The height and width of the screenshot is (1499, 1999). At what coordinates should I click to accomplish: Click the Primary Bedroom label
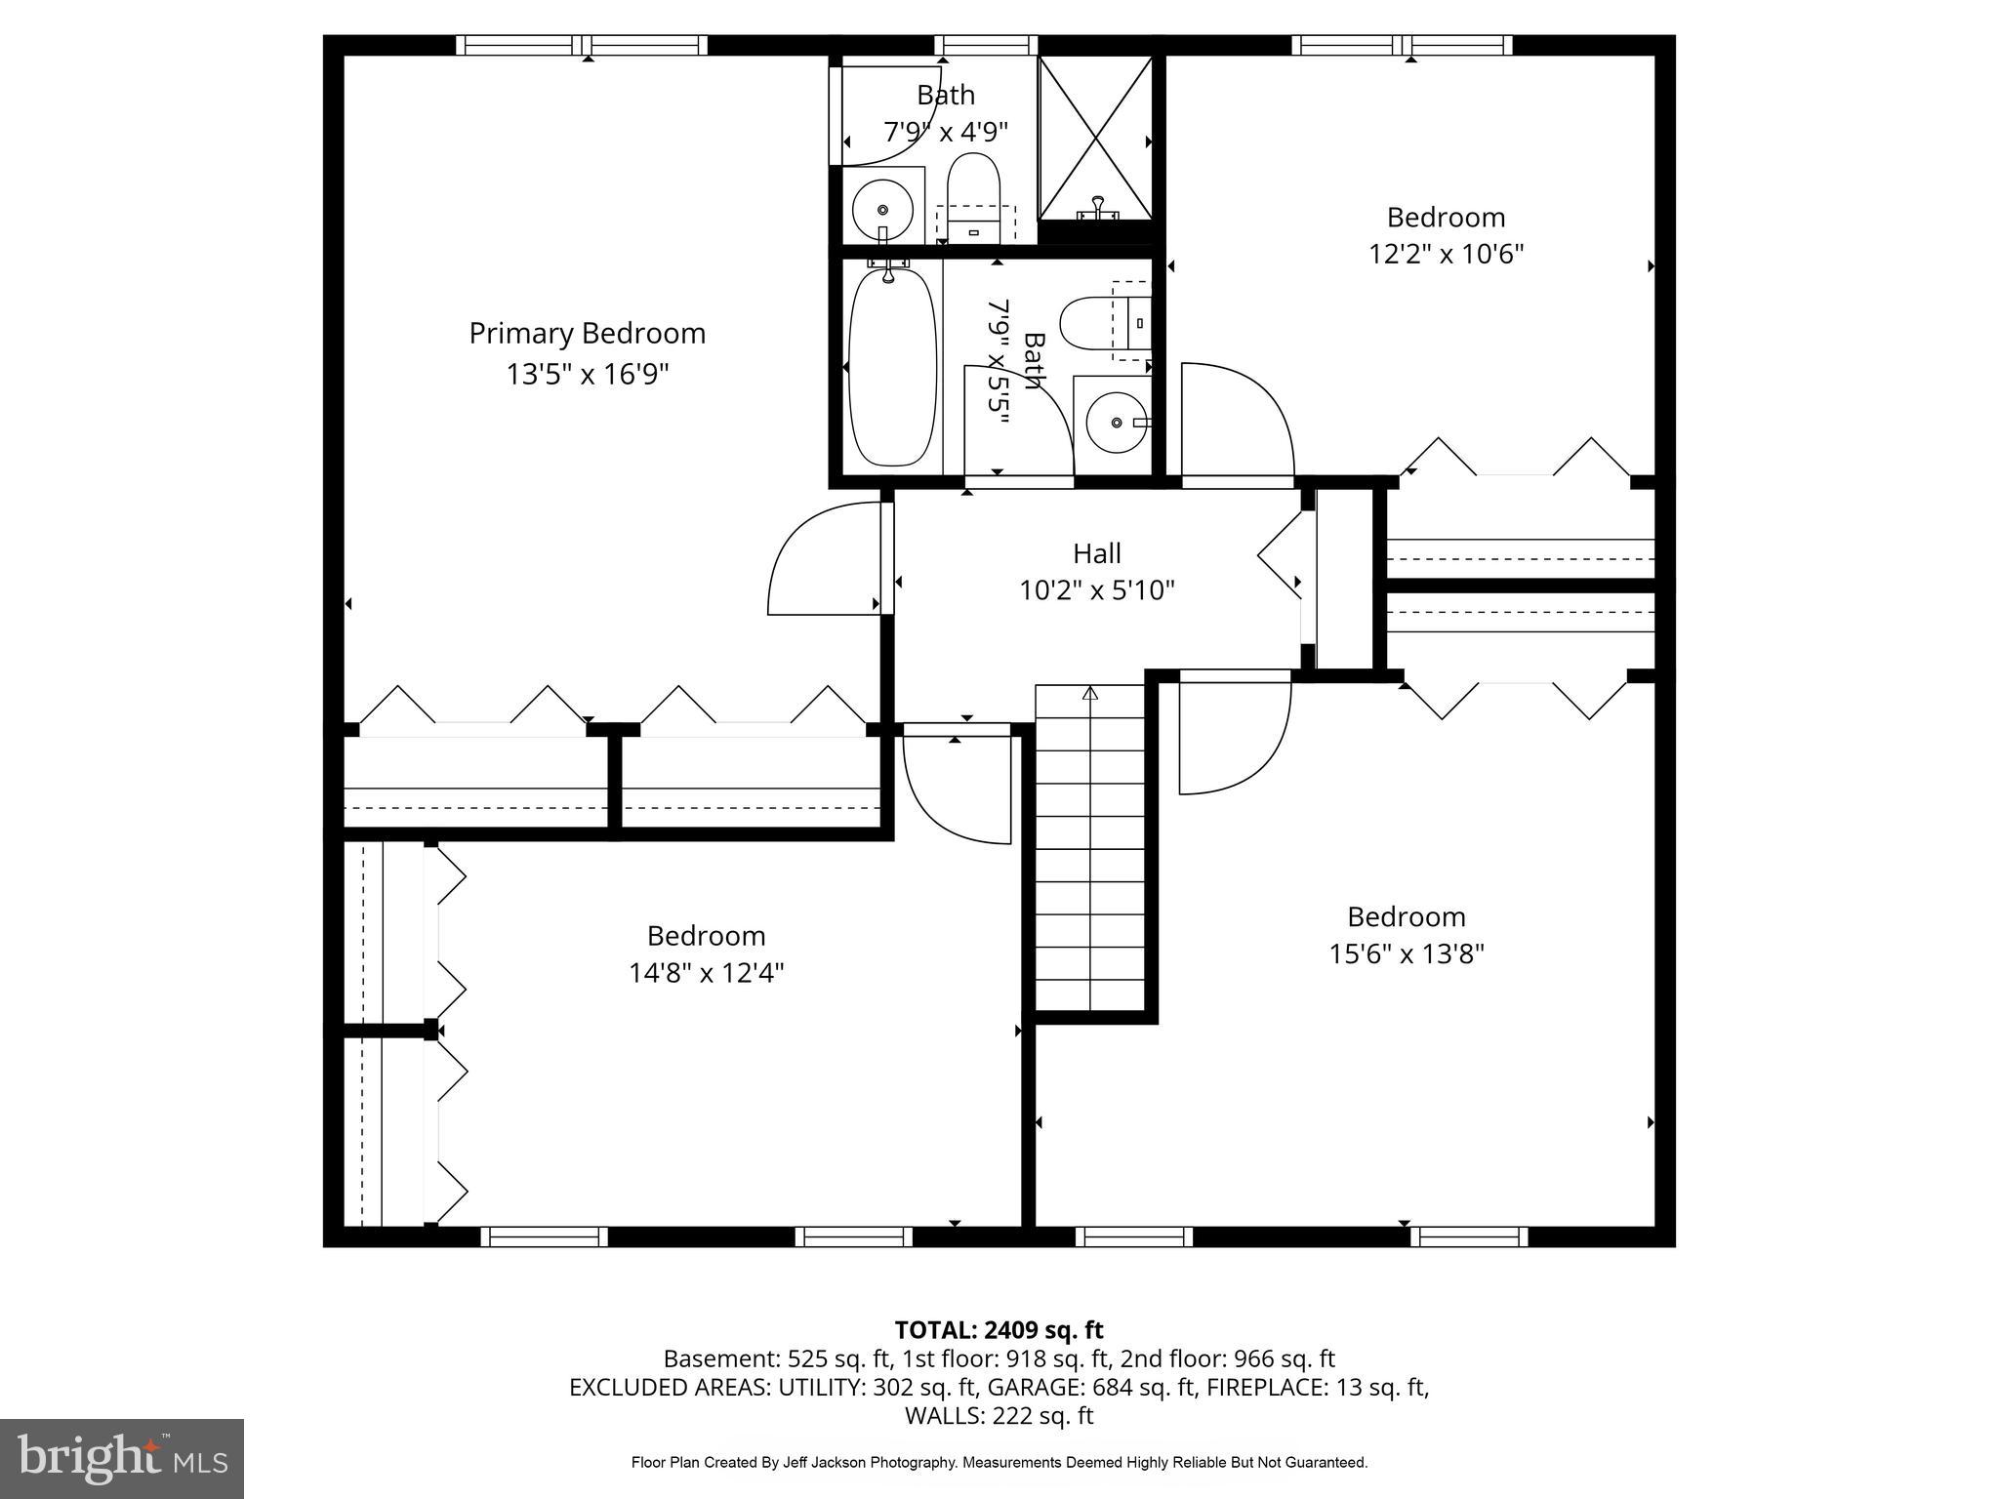click(587, 333)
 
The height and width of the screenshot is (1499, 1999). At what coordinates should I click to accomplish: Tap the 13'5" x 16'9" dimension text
click(587, 374)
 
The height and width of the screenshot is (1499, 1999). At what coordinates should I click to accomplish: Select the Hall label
click(1097, 553)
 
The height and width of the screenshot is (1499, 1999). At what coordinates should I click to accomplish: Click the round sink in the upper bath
click(882, 209)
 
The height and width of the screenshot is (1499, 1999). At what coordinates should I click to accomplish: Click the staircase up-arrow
click(1090, 694)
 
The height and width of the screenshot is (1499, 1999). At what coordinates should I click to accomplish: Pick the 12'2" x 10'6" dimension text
click(1446, 254)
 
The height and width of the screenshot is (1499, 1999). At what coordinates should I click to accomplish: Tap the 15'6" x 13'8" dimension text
click(1406, 953)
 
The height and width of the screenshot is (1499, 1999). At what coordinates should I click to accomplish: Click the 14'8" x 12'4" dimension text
click(706, 973)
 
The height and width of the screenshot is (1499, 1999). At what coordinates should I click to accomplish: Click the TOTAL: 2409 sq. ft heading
click(999, 1329)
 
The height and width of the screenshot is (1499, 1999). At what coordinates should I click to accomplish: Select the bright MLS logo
click(121, 1458)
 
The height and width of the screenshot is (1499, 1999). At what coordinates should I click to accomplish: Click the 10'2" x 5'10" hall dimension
click(1097, 590)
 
